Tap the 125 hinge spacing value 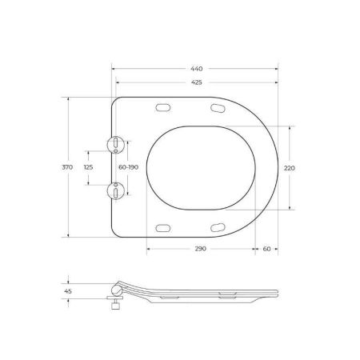tap(89, 167)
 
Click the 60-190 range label tap(128, 167)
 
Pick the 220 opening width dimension tap(290, 167)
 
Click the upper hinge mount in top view tap(117, 144)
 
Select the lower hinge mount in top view tap(117, 190)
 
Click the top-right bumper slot tap(218, 108)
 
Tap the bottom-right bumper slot tap(218, 227)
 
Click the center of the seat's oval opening tap(202, 167)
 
